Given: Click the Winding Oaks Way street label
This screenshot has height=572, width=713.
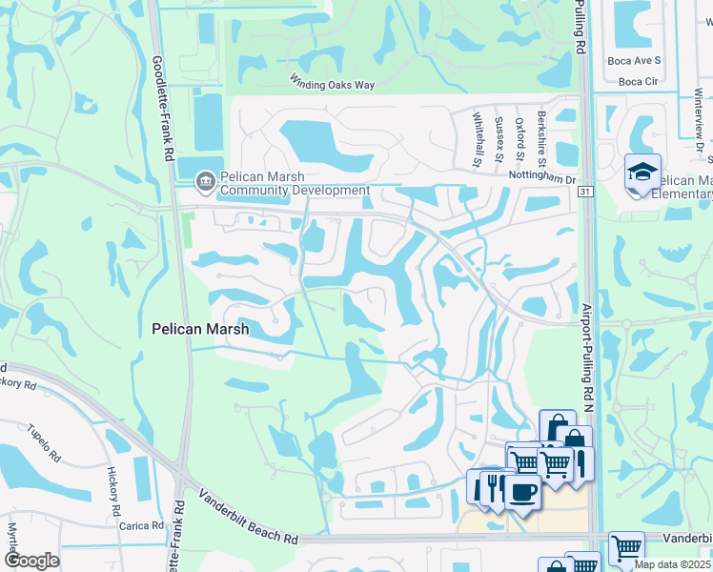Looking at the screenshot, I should pos(333,85).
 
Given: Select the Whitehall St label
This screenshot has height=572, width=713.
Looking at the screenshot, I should pos(478,139).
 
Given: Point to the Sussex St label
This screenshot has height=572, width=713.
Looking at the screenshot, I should pos(499,139).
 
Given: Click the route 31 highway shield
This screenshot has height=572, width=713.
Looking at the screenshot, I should pos(585,192).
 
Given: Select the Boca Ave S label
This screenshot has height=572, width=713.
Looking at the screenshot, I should pos(633,60).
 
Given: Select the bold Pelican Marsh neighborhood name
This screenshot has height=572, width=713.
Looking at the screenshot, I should pos(200,329).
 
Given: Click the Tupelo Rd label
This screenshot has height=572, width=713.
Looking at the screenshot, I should pos(44,438).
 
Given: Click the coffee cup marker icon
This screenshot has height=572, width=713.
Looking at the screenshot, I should pos(520,491).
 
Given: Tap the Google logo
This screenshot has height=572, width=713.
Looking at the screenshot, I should pos(31,561).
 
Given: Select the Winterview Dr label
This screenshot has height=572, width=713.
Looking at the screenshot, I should pos(699,120).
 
